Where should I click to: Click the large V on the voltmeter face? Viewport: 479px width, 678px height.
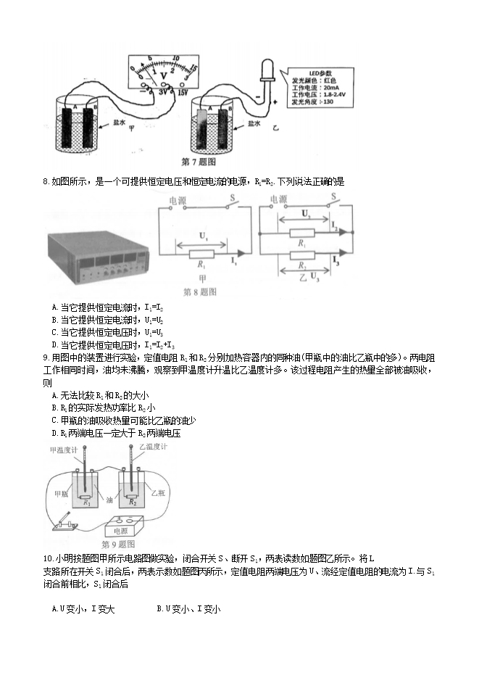pos(163,73)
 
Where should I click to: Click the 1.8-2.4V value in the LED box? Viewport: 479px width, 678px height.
pos(335,95)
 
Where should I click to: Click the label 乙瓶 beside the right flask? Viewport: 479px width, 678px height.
pos(159,492)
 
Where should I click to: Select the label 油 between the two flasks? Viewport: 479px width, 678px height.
pos(109,500)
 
